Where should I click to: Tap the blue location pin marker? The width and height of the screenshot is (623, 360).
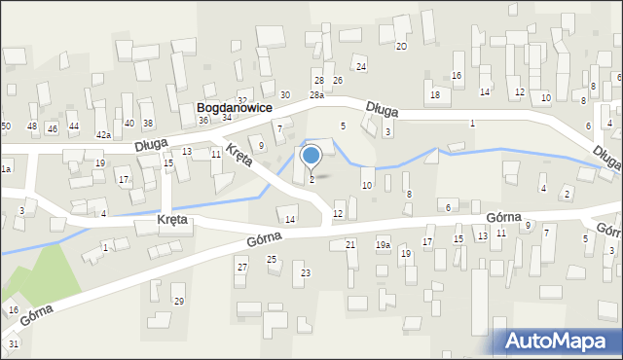pyautogui.click(x=311, y=156)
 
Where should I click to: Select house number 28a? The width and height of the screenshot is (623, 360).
pyautogui.click(x=316, y=94)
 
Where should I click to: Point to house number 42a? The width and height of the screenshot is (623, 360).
pyautogui.click(x=102, y=134)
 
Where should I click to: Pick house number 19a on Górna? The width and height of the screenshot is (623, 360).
pyautogui.click(x=383, y=245)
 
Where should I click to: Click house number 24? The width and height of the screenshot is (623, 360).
pyautogui.click(x=360, y=66)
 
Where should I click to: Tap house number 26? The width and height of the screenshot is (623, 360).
pyautogui.click(x=337, y=80)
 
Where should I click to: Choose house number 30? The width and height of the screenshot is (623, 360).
pyautogui.click(x=284, y=94)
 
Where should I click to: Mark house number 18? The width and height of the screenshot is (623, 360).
pyautogui.click(x=435, y=94)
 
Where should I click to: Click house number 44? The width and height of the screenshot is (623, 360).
pyautogui.click(x=74, y=127)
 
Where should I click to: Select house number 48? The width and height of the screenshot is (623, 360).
pyautogui.click(x=32, y=126)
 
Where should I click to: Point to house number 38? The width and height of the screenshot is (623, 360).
pyautogui.click(x=148, y=123)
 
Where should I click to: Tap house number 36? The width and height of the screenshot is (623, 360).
pyautogui.click(x=203, y=120)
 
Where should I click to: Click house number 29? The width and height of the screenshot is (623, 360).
pyautogui.click(x=178, y=301)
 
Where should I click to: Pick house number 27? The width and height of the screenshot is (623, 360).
pyautogui.click(x=241, y=267)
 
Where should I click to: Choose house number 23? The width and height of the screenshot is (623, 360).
pyautogui.click(x=305, y=273)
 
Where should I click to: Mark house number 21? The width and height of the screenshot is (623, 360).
pyautogui.click(x=349, y=244)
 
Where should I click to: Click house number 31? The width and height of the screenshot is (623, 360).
pyautogui.click(x=13, y=343)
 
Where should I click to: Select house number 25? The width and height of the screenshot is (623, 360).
pyautogui.click(x=272, y=259)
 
